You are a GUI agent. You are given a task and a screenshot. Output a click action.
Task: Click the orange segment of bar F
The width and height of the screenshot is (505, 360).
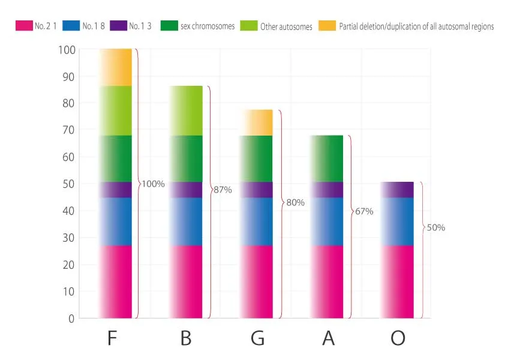point(116,67)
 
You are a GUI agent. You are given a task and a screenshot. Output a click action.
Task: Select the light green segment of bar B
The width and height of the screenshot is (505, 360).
point(186,110)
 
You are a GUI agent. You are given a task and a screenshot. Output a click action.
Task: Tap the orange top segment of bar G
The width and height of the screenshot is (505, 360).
point(257,122)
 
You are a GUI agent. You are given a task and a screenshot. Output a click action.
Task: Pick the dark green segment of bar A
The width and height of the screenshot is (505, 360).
point(327,158)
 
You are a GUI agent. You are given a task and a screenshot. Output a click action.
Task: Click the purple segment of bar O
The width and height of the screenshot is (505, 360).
point(398,190)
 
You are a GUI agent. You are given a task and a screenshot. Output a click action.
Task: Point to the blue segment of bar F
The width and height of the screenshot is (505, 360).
point(116,221)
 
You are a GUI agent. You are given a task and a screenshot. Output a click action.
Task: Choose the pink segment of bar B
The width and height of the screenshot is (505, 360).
point(186,281)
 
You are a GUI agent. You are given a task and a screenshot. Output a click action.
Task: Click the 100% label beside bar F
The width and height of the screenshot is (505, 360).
point(153,184)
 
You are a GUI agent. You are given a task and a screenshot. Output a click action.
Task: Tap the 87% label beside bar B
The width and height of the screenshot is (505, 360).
point(223,190)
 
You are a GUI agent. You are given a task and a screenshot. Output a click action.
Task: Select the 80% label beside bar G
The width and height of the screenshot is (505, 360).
point(295,203)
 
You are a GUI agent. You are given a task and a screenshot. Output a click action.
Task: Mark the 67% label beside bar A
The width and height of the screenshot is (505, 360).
point(364,211)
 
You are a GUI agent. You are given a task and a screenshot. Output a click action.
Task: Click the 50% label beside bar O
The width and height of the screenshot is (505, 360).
point(435,228)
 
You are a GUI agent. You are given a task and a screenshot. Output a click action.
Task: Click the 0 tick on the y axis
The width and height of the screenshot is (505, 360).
point(71,319)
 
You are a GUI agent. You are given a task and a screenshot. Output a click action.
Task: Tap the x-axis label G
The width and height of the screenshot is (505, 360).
point(257,338)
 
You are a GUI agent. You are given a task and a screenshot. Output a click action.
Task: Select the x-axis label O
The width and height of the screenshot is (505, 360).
point(398,338)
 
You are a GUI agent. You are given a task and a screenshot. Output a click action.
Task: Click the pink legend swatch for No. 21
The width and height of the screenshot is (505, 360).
point(23,26)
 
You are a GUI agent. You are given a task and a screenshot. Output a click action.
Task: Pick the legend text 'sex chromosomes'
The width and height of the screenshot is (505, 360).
point(207,26)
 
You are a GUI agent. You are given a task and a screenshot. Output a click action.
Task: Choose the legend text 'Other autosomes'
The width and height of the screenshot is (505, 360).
point(286,27)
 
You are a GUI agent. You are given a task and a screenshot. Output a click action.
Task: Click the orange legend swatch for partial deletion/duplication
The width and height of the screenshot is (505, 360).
point(327,26)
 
